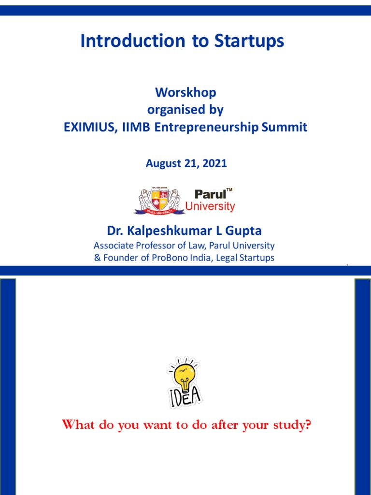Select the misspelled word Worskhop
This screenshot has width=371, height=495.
(x=185, y=92)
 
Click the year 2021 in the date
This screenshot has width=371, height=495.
(x=215, y=163)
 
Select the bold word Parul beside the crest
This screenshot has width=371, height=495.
(x=211, y=194)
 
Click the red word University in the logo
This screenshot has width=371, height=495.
(x=211, y=207)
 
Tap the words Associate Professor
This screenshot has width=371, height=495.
(x=127, y=245)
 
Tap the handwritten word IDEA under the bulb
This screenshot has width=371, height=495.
(x=185, y=397)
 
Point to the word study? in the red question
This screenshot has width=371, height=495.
(x=291, y=426)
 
